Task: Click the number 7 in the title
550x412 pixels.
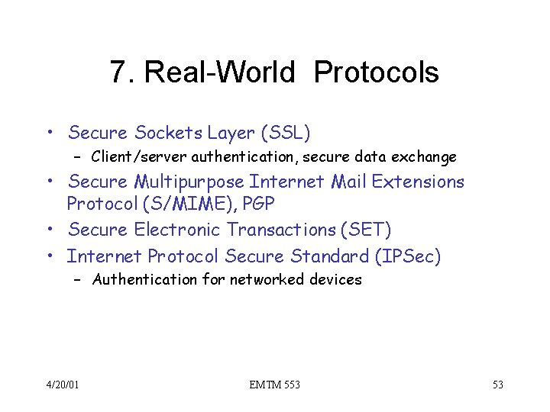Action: [117, 72]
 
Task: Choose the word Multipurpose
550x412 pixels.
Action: [189, 182]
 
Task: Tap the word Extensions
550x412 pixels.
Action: [418, 182]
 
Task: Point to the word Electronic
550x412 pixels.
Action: [178, 230]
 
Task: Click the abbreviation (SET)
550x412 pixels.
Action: [367, 230]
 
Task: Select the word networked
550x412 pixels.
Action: [264, 280]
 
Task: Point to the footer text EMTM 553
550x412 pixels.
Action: [274, 385]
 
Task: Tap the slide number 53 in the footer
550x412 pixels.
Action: [497, 385]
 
